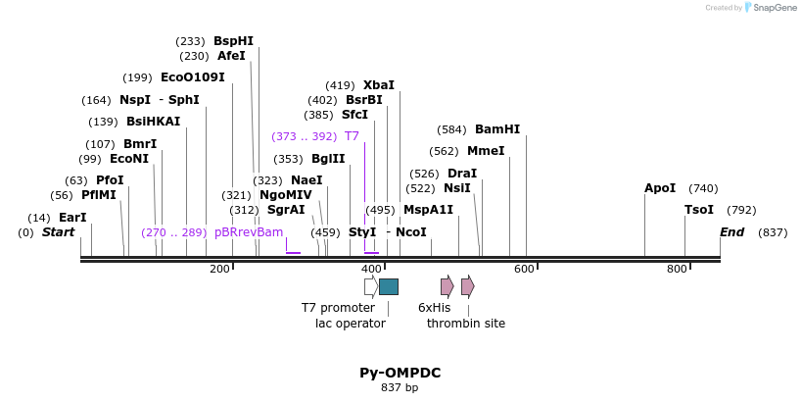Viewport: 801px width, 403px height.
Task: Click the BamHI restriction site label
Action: point(497,129)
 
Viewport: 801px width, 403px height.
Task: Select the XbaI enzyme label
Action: point(379,85)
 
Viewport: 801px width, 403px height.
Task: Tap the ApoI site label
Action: point(660,188)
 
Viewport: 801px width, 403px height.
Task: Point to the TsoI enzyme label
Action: point(699,210)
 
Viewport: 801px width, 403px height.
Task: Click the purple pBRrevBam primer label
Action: point(249,232)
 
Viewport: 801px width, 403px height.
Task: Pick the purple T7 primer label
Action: point(352,136)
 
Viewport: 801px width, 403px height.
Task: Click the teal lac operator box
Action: point(389,286)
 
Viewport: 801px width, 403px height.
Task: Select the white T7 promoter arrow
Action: point(371,286)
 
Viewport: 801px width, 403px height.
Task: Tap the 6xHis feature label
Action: point(435,308)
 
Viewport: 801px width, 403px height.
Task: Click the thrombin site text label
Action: point(466,324)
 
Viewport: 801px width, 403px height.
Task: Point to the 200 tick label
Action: point(219,269)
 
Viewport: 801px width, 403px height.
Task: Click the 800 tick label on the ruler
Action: point(677,269)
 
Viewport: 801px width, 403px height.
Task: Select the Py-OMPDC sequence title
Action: point(400,373)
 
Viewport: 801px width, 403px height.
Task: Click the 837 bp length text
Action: point(400,388)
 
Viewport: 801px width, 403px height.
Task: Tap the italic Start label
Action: point(58,232)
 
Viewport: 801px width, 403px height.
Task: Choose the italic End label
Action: point(732,232)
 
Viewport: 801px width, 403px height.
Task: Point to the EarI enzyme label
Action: point(72,218)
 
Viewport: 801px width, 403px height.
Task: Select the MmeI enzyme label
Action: point(486,151)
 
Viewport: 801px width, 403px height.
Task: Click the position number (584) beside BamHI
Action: point(451,129)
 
